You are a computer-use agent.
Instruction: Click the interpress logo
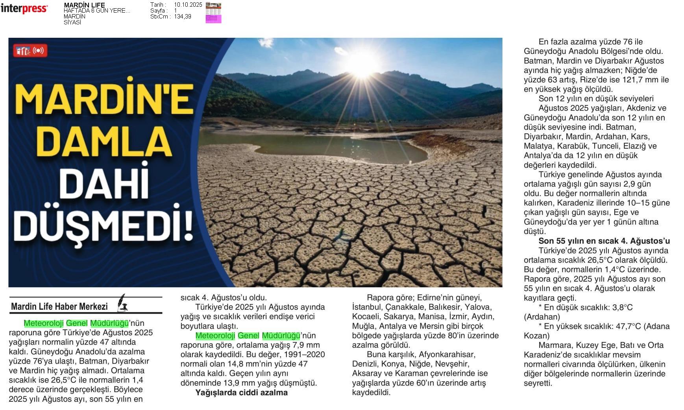[x=24, y=8]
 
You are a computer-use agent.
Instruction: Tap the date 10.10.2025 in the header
[x=188, y=5]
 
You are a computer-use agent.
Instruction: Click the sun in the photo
[x=362, y=63]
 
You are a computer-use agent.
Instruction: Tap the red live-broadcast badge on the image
[x=30, y=51]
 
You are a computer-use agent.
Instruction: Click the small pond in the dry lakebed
[x=315, y=146]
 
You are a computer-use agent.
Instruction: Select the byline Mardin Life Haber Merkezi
[x=59, y=307]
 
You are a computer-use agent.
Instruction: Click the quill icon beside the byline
[x=123, y=303]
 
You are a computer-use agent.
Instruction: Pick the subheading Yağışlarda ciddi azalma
[x=241, y=392]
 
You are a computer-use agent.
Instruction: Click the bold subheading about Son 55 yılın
[x=604, y=241]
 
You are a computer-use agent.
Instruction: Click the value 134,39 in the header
[x=183, y=17]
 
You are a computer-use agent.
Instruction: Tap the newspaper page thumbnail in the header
[x=213, y=13]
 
